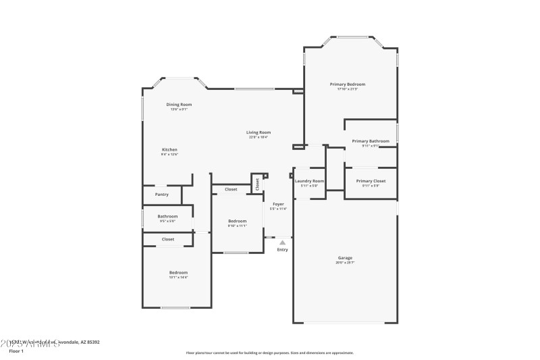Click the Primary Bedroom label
pyautogui.click(x=347, y=84)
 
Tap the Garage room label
pyautogui.click(x=345, y=257)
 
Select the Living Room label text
pyautogui.click(x=258, y=132)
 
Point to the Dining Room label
pyautogui.click(x=179, y=105)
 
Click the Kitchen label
pyautogui.click(x=169, y=149)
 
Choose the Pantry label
pyautogui.click(x=162, y=195)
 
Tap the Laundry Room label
pyautogui.click(x=309, y=181)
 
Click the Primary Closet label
pyautogui.click(x=371, y=181)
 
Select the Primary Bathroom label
pyautogui.click(x=371, y=141)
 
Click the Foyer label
pyautogui.click(x=278, y=204)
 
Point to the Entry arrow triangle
pyautogui.click(x=282, y=242)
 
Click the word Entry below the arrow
pyautogui.click(x=282, y=250)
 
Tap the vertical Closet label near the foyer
pyautogui.click(x=257, y=183)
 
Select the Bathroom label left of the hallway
pyautogui.click(x=167, y=216)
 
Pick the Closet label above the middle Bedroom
pyautogui.click(x=231, y=189)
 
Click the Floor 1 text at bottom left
pyautogui.click(x=16, y=351)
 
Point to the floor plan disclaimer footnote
pyautogui.click(x=269, y=353)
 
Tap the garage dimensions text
pyautogui.click(x=345, y=262)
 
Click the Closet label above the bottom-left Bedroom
pyautogui.click(x=168, y=239)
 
